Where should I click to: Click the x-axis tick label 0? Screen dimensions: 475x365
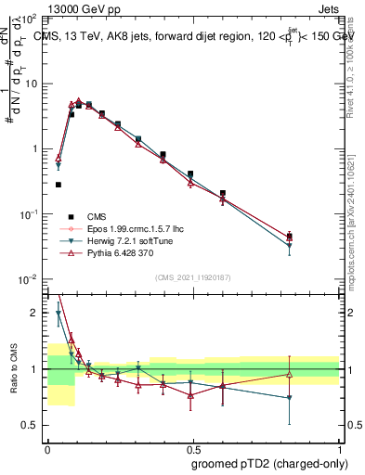47,447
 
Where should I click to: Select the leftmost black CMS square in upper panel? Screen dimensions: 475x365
59,185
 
